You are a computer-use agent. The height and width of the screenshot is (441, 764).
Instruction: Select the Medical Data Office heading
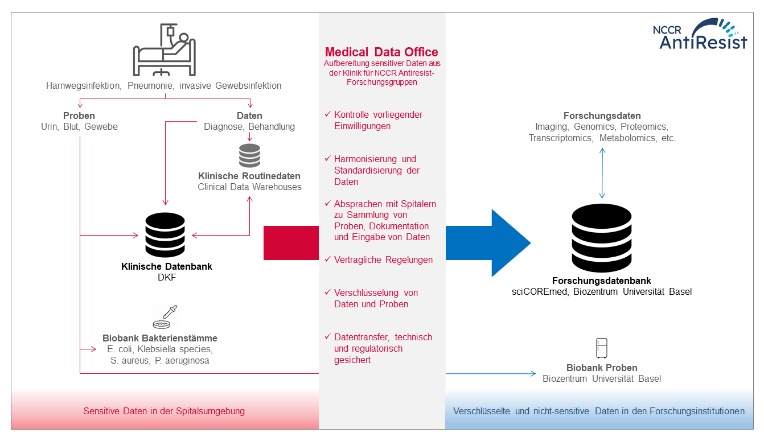coord(381,52)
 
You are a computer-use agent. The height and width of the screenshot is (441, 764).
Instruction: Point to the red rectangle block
coord(291,243)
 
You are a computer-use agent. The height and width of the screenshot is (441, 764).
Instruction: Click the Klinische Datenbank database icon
coord(166,235)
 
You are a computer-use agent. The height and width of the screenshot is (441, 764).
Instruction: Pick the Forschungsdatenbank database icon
coord(601,239)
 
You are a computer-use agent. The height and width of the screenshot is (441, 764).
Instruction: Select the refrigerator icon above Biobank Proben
coord(602,348)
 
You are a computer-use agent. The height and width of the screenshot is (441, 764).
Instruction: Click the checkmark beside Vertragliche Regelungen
coord(327,259)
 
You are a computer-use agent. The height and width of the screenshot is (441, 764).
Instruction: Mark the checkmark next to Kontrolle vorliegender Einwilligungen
coord(327,114)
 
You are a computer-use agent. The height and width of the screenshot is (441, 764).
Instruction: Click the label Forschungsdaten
coord(602,116)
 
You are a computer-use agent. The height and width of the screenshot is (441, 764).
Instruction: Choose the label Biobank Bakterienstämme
coord(160,338)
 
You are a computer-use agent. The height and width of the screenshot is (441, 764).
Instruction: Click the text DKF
coord(166,278)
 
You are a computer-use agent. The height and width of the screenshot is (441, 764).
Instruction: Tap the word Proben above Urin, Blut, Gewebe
coord(79,116)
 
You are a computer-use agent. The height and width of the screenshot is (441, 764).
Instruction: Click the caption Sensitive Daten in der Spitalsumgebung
coord(164,411)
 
